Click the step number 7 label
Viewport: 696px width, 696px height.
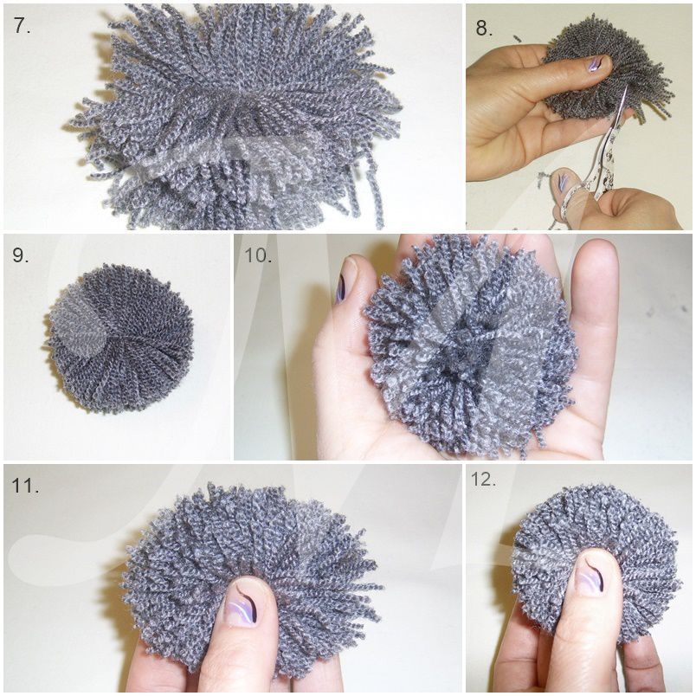(x=22, y=26)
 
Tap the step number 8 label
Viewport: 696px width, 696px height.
(x=484, y=28)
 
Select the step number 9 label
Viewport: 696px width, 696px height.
(x=21, y=255)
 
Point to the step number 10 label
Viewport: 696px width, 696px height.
(x=258, y=255)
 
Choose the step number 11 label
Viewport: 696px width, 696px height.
(x=25, y=486)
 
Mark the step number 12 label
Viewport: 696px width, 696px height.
(x=483, y=480)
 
